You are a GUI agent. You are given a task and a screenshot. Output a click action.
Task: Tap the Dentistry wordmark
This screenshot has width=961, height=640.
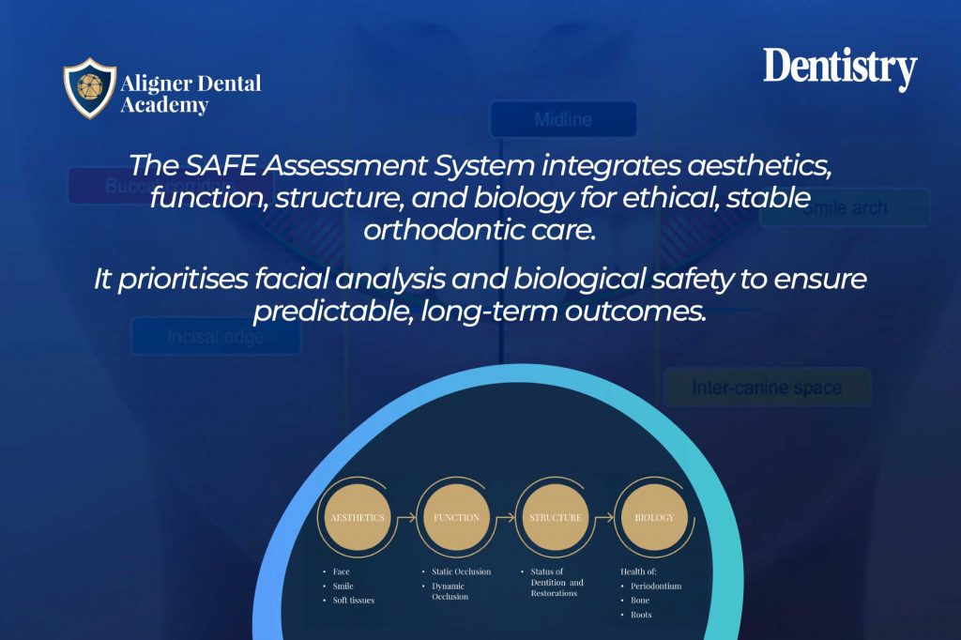839,69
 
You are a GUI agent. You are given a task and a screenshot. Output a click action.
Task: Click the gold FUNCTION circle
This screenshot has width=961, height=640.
456,517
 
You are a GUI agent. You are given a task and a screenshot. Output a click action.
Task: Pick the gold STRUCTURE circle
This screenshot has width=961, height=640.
555,517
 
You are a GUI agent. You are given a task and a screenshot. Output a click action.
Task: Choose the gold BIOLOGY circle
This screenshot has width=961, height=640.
654,517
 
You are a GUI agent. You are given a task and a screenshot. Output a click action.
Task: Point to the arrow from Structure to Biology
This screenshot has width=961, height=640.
604,517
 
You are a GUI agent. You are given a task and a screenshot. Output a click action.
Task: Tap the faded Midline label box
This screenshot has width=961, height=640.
563,119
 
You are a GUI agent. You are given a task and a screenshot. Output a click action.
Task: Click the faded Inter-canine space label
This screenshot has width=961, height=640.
767,387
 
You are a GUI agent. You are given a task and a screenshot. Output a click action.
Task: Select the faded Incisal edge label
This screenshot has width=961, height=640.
215,337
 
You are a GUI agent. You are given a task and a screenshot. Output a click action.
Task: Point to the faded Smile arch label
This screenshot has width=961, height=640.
844,207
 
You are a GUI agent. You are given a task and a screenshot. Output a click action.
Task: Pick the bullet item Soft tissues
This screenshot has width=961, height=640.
353,600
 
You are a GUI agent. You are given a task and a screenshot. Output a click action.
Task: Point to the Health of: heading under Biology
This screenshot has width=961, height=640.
640,571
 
